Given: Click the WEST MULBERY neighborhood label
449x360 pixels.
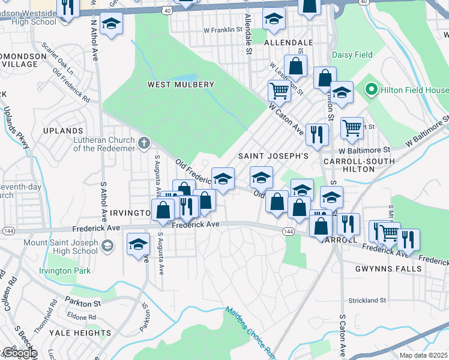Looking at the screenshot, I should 181,85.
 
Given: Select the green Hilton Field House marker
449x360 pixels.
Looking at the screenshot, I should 370,91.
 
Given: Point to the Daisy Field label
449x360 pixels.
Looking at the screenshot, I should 353,55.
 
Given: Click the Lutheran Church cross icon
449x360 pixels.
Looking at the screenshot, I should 143,143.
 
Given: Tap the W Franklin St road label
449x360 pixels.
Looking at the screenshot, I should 223,29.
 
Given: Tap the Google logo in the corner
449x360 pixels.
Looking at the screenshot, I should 19,353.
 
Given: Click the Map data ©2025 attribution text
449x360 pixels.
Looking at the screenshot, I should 423,355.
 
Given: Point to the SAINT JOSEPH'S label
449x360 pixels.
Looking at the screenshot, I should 273,156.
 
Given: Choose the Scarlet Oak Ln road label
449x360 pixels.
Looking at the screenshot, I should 58,58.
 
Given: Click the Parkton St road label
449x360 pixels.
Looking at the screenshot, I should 83,304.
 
